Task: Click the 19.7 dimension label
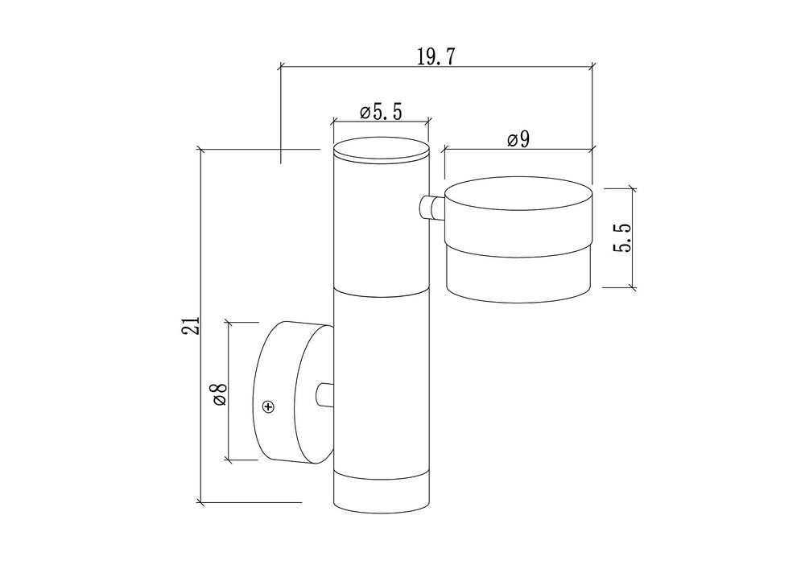click(x=436, y=56)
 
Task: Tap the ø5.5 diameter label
click(x=381, y=111)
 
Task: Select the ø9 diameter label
click(x=518, y=139)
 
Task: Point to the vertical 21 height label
click(x=191, y=324)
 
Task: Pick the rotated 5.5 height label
click(x=621, y=237)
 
